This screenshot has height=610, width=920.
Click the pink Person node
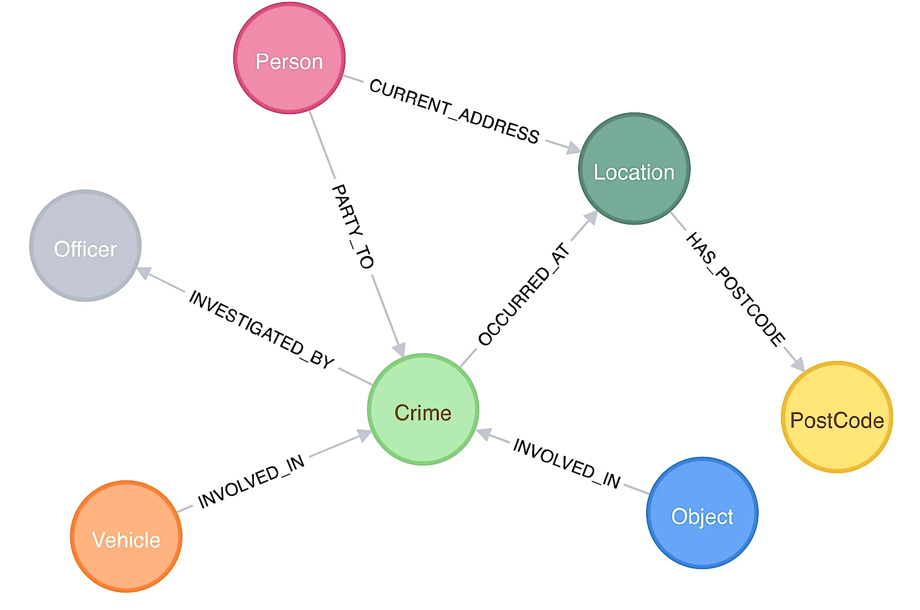289,58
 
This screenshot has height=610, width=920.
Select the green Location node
634,168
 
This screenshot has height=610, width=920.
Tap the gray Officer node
85,245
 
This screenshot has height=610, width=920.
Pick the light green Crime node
423,409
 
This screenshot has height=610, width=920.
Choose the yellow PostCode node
837,417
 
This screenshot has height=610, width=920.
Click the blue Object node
702,513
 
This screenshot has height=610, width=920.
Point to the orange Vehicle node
126,536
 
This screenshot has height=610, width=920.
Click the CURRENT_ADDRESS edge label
454,111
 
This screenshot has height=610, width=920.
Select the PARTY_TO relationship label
352,226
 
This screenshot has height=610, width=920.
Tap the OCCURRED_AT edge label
524,294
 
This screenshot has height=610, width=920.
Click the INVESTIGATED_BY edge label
261,330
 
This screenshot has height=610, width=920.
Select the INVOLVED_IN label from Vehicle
251,481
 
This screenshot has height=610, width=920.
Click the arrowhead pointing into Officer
144,272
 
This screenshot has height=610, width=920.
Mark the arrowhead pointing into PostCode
798,364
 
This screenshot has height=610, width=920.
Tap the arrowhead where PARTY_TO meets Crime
399,349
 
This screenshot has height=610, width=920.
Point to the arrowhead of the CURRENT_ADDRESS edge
573,147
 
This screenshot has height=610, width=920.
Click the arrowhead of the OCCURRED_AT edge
591,217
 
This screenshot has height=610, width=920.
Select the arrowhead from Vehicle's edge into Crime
364,436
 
